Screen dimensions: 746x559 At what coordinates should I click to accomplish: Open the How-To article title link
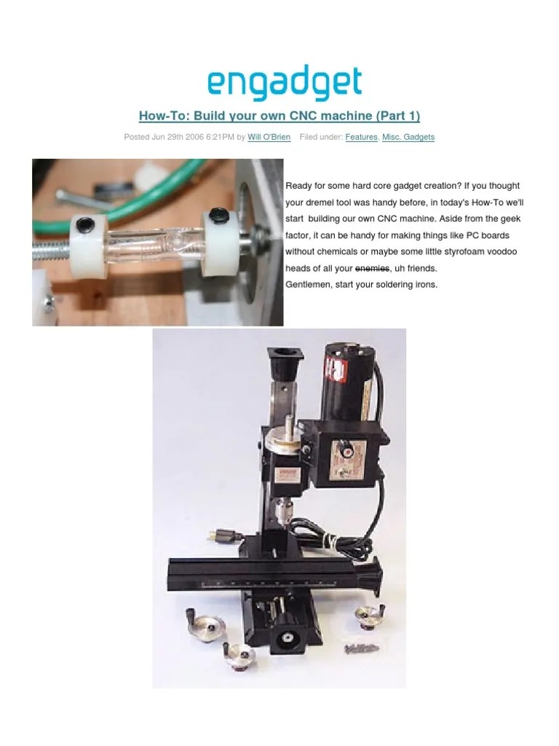[279, 116]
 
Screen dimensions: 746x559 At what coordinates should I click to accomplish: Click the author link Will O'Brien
[269, 137]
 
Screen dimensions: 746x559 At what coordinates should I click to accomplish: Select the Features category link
[361, 137]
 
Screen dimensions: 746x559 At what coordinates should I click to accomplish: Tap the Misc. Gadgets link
[408, 137]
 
